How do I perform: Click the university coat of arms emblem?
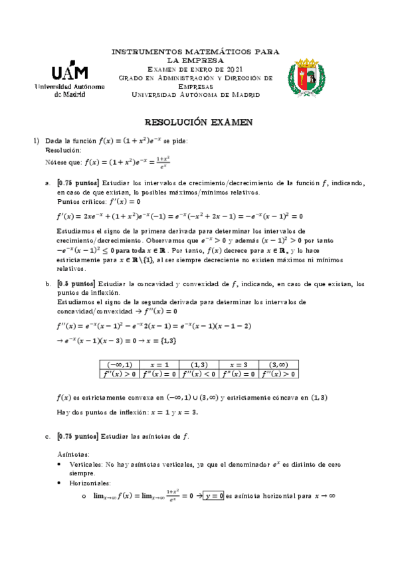click(312, 77)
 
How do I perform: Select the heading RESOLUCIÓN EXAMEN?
click(199, 123)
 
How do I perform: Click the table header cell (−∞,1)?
click(119, 364)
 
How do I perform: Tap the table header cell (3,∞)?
click(279, 364)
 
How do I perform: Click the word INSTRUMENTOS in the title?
click(142, 51)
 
